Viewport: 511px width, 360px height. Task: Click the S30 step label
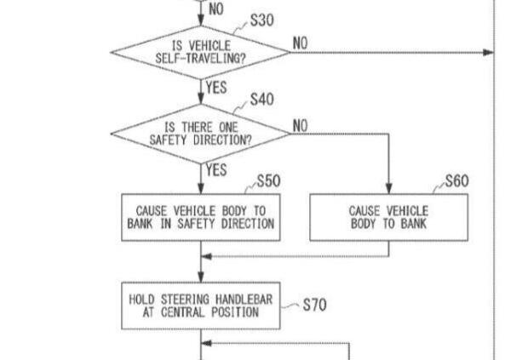pyautogui.click(x=261, y=20)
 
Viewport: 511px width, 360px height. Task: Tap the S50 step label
pyautogui.click(x=268, y=181)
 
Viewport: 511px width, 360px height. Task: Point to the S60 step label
pyautogui.click(x=456, y=181)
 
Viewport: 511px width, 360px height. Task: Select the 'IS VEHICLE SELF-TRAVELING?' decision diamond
pyautogui.click(x=201, y=52)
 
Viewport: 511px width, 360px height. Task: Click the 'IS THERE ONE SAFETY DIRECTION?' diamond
pyautogui.click(x=201, y=134)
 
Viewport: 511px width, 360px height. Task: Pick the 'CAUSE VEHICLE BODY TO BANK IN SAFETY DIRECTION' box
pyautogui.click(x=201, y=216)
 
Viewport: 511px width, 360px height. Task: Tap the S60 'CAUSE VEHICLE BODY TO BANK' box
pyautogui.click(x=389, y=216)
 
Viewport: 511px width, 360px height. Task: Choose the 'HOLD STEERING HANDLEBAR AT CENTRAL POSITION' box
pyautogui.click(x=201, y=305)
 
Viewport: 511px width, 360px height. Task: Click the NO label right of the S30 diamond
pyautogui.click(x=301, y=43)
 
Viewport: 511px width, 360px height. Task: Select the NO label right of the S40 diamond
pyautogui.click(x=301, y=125)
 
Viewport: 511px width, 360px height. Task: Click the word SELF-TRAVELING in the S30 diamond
pyautogui.click(x=201, y=58)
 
